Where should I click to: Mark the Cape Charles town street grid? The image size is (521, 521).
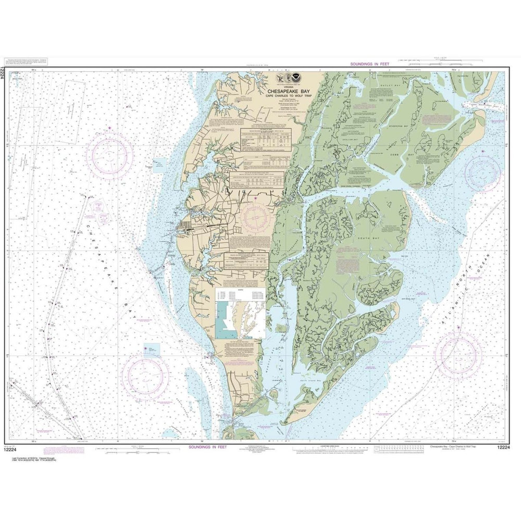tap(185, 227)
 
